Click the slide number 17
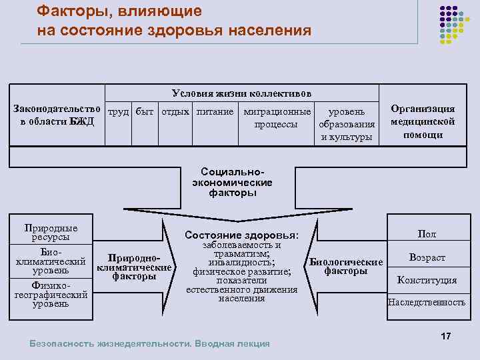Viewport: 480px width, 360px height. pyautogui.click(x=446, y=336)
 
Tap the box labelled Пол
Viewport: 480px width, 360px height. pyautogui.click(x=427, y=234)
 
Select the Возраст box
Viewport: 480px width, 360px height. pyautogui.click(x=427, y=257)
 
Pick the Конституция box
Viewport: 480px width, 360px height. pyautogui.click(x=427, y=280)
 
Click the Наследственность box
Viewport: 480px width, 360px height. pyautogui.click(x=427, y=302)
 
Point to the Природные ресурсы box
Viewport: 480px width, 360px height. pyautogui.click(x=51, y=233)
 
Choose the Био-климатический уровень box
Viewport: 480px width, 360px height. pyautogui.click(x=51, y=262)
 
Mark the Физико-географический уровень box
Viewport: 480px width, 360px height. pyautogui.click(x=51, y=294)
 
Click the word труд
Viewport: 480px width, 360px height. pyautogui.click(x=118, y=111)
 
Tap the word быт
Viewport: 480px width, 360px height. pyautogui.click(x=144, y=111)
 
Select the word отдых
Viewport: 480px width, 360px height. pyautogui.click(x=175, y=111)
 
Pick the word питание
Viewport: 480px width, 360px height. pyautogui.click(x=215, y=111)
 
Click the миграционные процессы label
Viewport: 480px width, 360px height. pyautogui.click(x=277, y=118)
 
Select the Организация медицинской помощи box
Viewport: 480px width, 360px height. pyautogui.click(x=423, y=121)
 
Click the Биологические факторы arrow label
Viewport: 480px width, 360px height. pyautogui.click(x=346, y=266)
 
